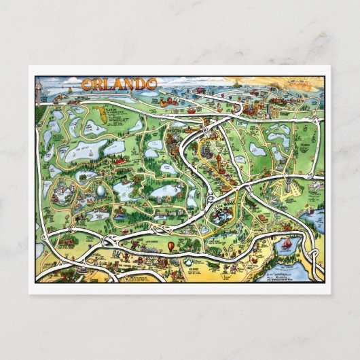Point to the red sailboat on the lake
tap(286, 244)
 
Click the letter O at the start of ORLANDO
tap(86, 85)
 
